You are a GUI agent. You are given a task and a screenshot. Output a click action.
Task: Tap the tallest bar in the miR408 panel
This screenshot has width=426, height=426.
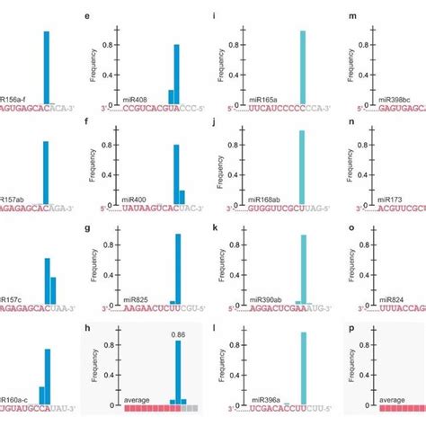[176, 73]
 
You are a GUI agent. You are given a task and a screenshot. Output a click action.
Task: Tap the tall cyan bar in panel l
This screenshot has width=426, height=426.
[303, 368]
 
